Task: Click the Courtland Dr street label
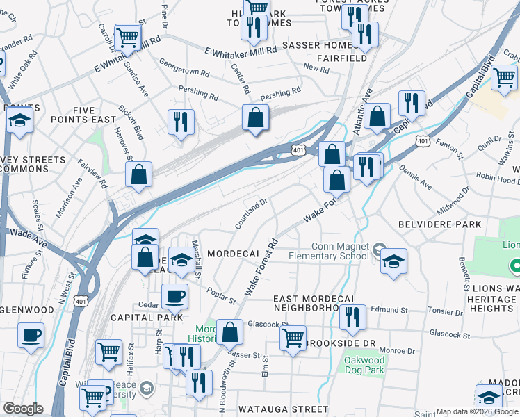[x=252, y=214]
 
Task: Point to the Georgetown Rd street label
[x=184, y=71]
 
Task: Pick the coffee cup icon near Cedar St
[x=174, y=296]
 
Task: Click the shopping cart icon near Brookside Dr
[x=293, y=338]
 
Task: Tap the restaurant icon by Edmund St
[x=352, y=318]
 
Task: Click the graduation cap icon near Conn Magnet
[x=393, y=261]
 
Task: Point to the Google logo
[x=23, y=409]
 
